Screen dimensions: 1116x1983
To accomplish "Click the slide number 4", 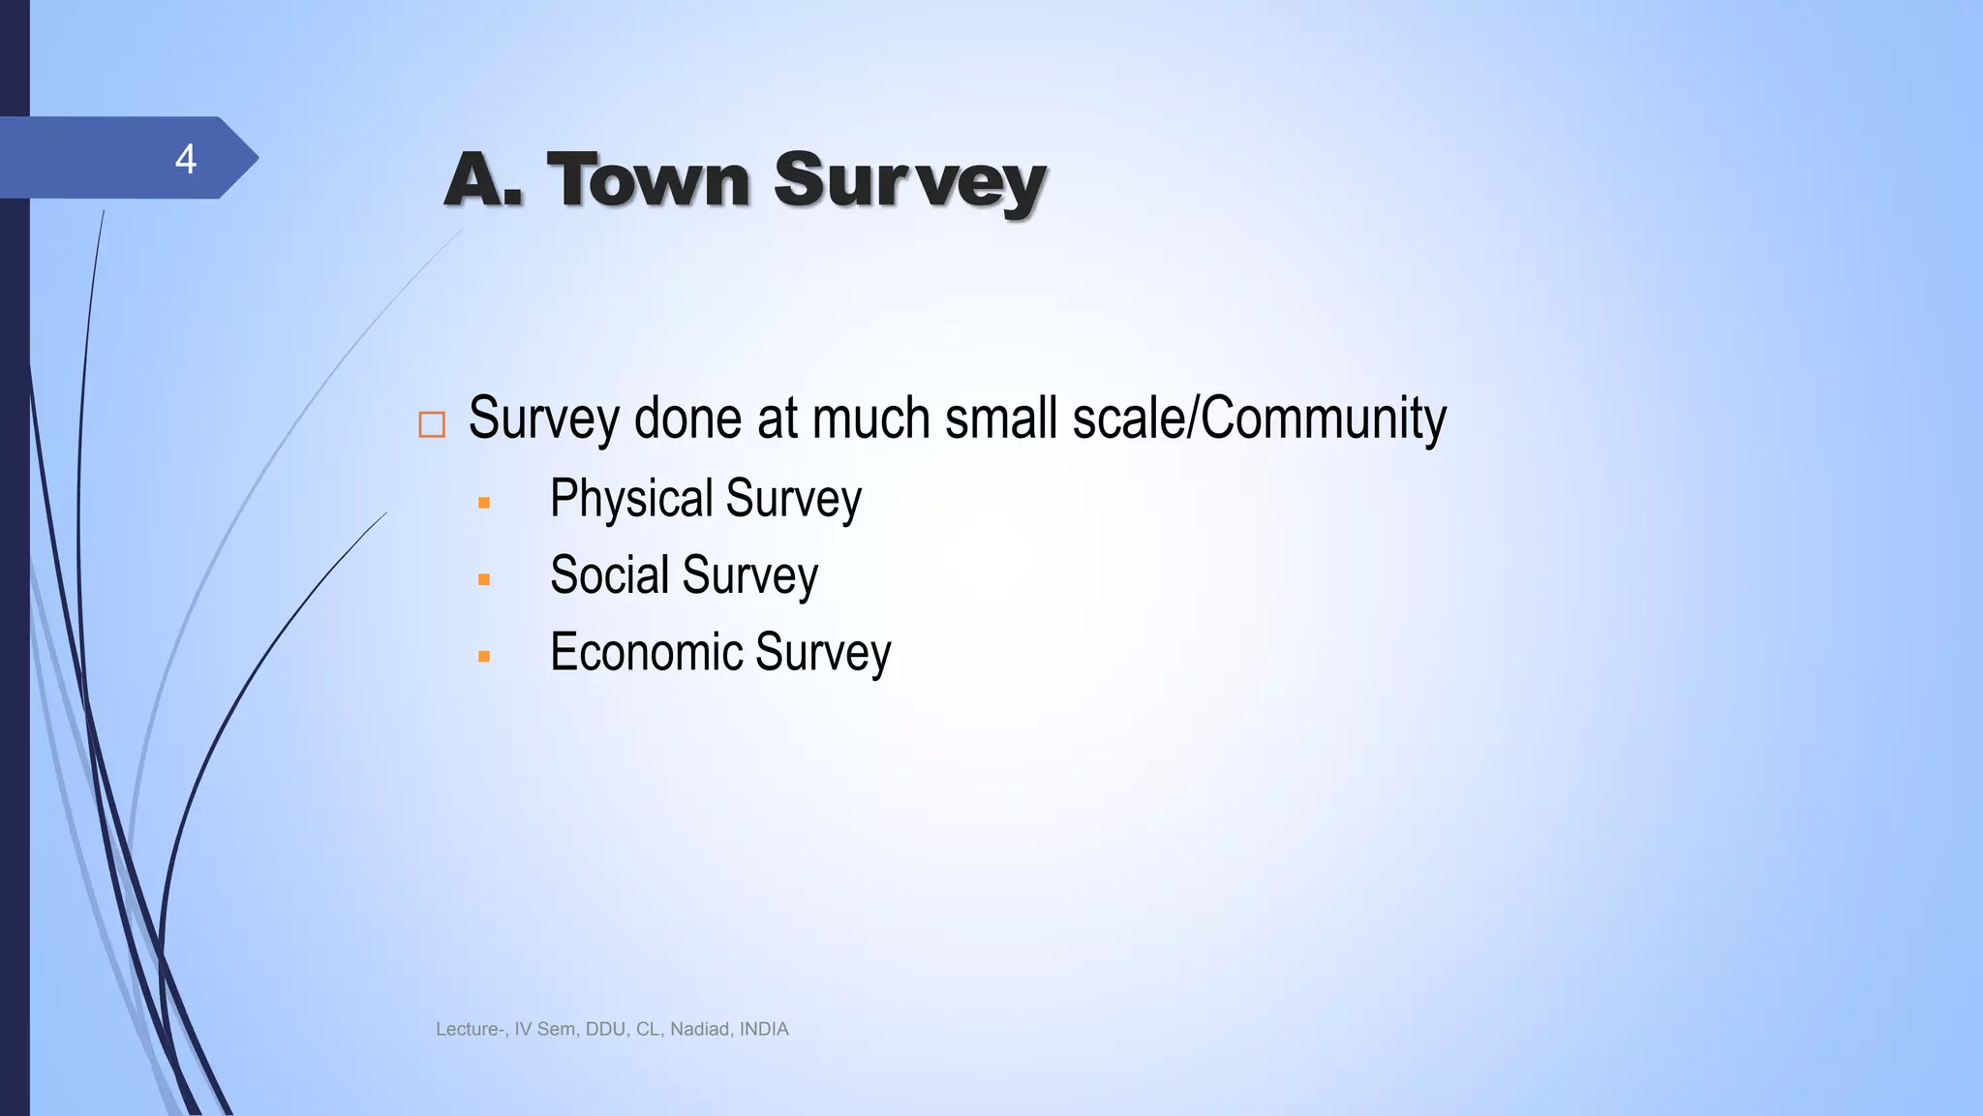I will pyautogui.click(x=185, y=159).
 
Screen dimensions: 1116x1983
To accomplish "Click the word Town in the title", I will pyautogui.click(x=648, y=180).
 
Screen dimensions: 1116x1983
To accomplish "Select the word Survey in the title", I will pyautogui.click(x=909, y=182).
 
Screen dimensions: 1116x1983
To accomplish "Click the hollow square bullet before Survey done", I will pyautogui.click(x=432, y=424).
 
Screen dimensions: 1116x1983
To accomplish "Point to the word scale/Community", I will pyautogui.click(x=1259, y=418).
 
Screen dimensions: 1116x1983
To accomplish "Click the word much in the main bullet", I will pyautogui.click(x=872, y=418).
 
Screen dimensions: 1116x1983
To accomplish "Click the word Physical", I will pyautogui.click(x=631, y=499).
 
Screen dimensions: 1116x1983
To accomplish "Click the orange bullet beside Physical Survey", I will pyautogui.click(x=484, y=504).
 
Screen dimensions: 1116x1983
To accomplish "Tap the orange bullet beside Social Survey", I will pyautogui.click(x=484, y=580).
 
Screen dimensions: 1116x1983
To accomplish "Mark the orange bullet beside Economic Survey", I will pyautogui.click(x=484, y=657).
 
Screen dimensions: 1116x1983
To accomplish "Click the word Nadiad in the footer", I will pyautogui.click(x=699, y=1030).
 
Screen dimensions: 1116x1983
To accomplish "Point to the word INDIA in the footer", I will pyautogui.click(x=764, y=1030).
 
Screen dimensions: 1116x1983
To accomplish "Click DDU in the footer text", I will pyautogui.click(x=605, y=1030).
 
